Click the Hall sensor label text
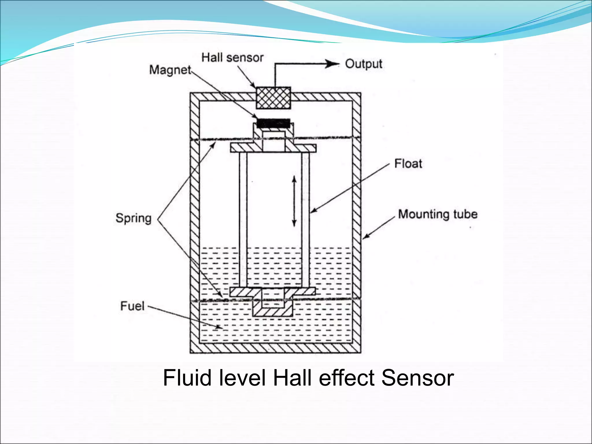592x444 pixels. (232, 58)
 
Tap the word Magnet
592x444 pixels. (170, 70)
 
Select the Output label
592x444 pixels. (364, 64)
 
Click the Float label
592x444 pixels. (408, 164)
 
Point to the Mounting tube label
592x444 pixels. (438, 214)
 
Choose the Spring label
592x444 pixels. (134, 218)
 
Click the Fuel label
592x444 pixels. (132, 306)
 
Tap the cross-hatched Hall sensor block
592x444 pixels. (273, 98)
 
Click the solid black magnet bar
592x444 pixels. (273, 123)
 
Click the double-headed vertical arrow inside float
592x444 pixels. (294, 201)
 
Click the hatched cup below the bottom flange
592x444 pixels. (273, 312)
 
